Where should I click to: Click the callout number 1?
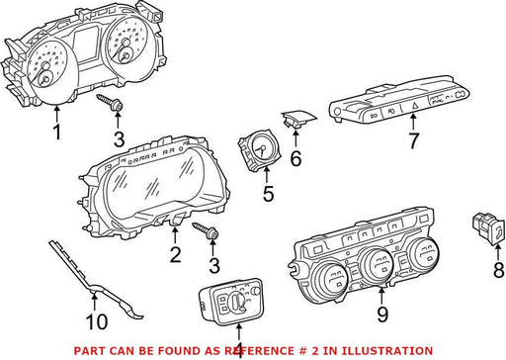tap(57, 132)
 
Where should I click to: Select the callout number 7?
tap(413, 140)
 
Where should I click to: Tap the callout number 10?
tap(97, 321)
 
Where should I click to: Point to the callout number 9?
tap(382, 315)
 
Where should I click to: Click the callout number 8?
tap(498, 270)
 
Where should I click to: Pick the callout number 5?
tap(268, 194)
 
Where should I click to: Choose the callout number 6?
tap(295, 158)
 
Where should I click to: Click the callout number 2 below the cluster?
tap(175, 255)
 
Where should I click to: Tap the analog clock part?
tap(258, 150)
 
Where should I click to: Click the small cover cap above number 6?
tap(298, 119)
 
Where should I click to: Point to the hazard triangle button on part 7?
tap(414, 106)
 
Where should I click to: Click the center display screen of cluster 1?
tap(85, 44)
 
